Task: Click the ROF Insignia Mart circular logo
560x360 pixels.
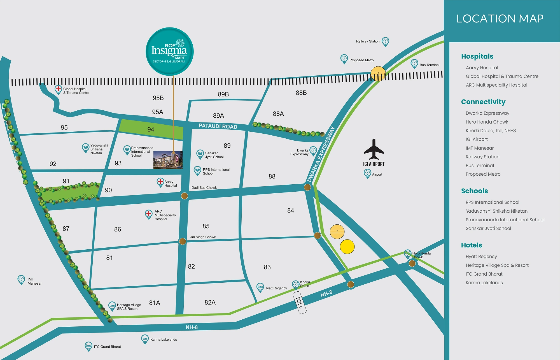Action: pos(169,52)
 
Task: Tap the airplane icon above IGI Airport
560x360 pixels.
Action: pos(374,149)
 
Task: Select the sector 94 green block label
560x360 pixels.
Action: pos(151,129)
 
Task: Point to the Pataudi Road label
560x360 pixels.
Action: pos(218,126)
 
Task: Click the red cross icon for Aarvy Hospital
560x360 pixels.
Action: pos(160,182)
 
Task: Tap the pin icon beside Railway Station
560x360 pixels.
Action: pos(386,41)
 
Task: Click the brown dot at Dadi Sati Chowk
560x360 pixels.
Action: pos(185,196)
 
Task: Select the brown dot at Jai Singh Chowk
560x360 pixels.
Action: pos(183,241)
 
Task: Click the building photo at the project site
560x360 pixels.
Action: pos(168,160)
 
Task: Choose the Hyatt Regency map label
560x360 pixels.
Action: pos(276,288)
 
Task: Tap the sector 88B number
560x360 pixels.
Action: pos(301,93)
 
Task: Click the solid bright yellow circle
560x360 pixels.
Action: pos(347,247)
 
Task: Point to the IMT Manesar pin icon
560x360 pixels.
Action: pos(21,279)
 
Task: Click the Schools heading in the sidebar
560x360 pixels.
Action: pos(474,191)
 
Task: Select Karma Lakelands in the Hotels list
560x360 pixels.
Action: pos(484,283)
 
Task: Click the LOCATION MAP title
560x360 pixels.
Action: pos(500,19)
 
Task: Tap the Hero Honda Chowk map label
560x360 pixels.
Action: pos(421,255)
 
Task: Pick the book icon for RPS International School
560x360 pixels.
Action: pos(198,170)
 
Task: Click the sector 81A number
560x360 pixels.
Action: pos(155,303)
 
